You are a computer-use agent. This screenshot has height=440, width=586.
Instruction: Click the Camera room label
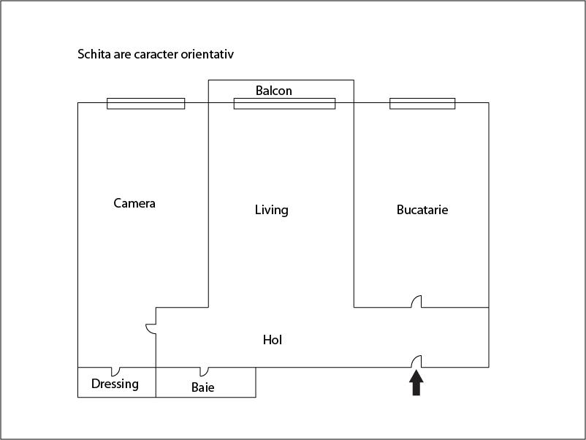point(134,203)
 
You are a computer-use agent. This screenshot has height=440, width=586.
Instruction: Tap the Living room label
point(271,210)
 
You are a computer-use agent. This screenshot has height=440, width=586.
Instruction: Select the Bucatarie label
point(422,210)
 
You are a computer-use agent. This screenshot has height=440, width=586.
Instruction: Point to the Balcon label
point(273,91)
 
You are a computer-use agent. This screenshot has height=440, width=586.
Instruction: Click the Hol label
point(273,340)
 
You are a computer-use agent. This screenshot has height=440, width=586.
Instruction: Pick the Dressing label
point(115,384)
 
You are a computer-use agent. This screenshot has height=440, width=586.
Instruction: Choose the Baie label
point(203,387)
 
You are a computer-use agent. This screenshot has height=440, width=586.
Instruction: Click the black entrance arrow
point(416,382)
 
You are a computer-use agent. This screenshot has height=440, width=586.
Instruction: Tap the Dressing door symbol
point(116,371)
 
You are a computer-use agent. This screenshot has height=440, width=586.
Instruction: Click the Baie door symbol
point(205,371)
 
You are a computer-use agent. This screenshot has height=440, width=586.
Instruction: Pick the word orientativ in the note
point(208,54)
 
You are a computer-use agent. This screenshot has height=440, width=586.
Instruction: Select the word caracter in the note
point(156,55)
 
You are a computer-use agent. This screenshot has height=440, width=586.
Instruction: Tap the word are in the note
point(122,55)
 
